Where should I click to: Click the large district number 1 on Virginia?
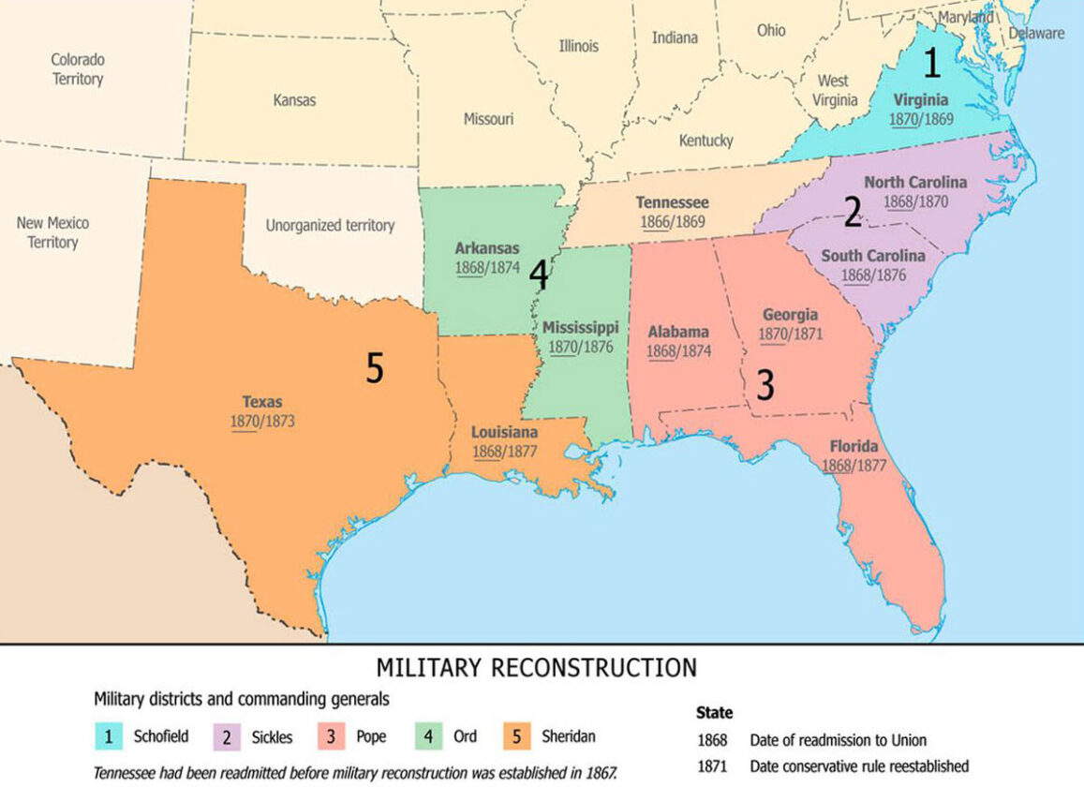click(x=930, y=63)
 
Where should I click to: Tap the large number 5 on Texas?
click(x=375, y=369)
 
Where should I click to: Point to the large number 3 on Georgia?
click(x=765, y=385)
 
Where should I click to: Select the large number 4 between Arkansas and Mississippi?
click(x=538, y=275)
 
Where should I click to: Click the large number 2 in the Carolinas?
click(x=853, y=213)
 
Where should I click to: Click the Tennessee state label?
click(x=672, y=202)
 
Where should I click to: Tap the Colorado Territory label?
click(x=78, y=69)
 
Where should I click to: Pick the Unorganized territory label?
click(x=330, y=225)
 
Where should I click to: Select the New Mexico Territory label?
click(x=52, y=232)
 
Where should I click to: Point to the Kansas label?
click(x=294, y=99)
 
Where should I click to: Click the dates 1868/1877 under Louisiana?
click(x=504, y=452)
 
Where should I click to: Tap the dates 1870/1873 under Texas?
click(x=262, y=422)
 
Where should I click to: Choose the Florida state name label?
click(x=854, y=446)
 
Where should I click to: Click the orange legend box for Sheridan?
click(x=516, y=736)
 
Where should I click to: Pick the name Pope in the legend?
click(x=371, y=736)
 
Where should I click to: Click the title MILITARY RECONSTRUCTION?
click(x=536, y=668)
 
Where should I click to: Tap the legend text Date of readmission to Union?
click(x=838, y=740)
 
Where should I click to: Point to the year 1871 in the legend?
click(x=712, y=766)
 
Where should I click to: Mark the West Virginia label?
click(x=834, y=90)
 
